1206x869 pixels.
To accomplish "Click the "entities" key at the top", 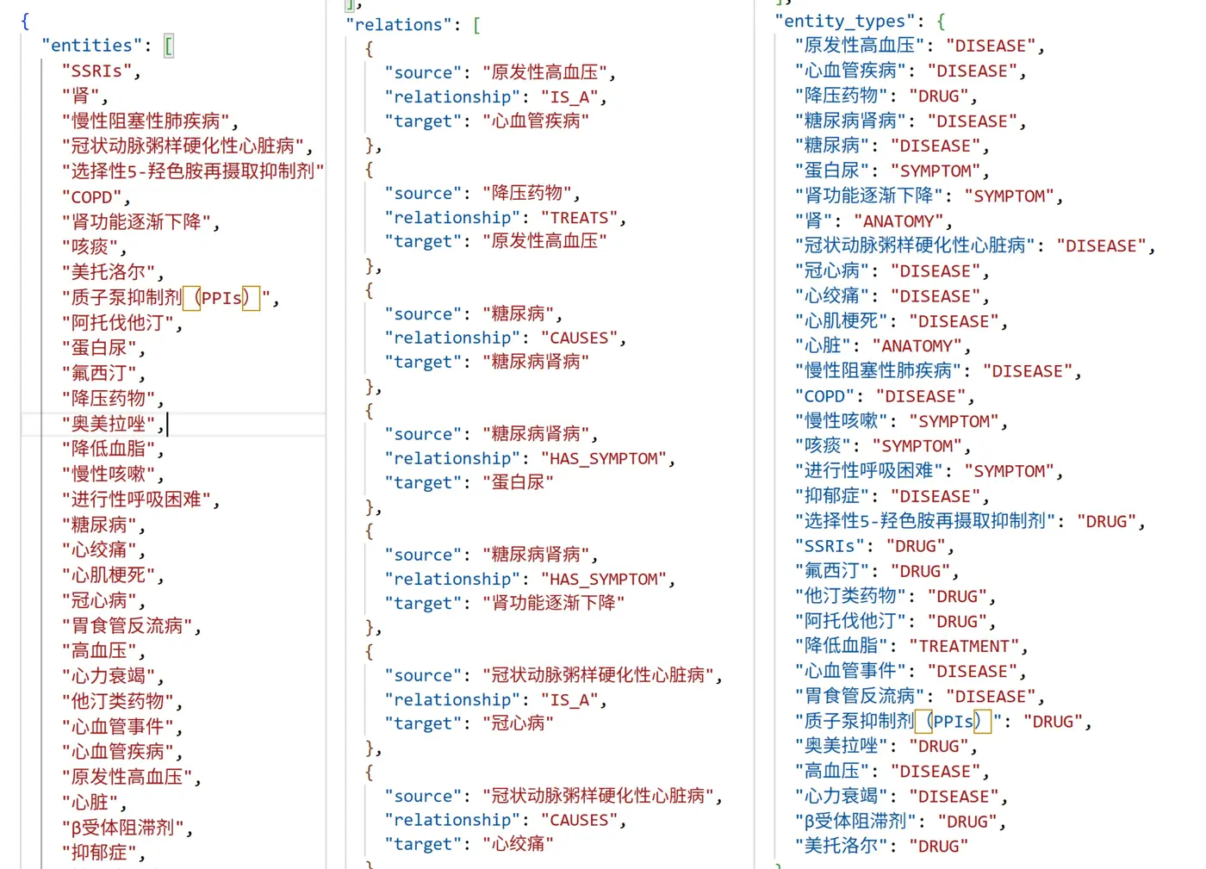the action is (x=91, y=46).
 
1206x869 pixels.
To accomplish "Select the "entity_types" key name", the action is (x=844, y=21).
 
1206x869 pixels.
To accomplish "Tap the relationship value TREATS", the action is (x=579, y=218).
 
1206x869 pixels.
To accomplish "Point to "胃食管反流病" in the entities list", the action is (x=127, y=625).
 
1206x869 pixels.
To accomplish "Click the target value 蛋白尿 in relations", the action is (x=517, y=482).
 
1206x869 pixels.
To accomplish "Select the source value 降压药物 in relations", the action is (x=526, y=193).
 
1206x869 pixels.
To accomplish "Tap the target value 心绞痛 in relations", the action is (x=517, y=844).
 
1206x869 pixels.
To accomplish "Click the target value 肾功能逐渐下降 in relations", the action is (x=553, y=603).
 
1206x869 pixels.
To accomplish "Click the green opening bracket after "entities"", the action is (x=169, y=46).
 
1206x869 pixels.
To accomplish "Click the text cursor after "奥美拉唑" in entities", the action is (x=167, y=424).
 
